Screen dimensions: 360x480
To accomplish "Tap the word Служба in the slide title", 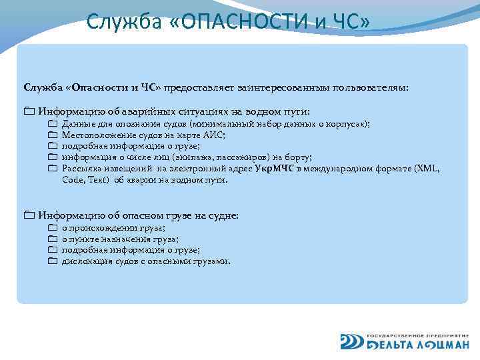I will [x=123, y=22].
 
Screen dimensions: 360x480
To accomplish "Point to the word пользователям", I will [x=374, y=87].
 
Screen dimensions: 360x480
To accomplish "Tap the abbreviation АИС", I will [x=215, y=135].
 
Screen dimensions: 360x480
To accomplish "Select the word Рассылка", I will [x=81, y=169].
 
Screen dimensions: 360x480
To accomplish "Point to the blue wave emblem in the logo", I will [x=351, y=340].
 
